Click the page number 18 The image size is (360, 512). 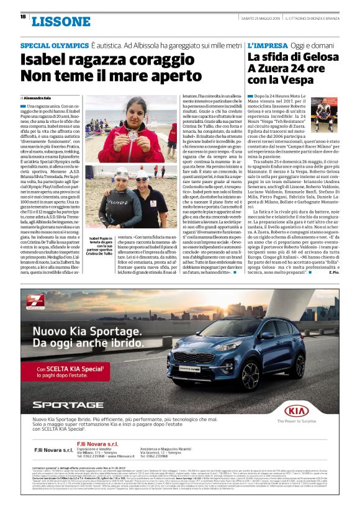[x=23, y=17]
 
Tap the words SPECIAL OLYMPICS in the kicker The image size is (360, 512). [x=54, y=47]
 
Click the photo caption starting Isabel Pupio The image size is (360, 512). [x=99, y=246]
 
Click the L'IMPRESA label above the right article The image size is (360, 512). [x=268, y=47]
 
